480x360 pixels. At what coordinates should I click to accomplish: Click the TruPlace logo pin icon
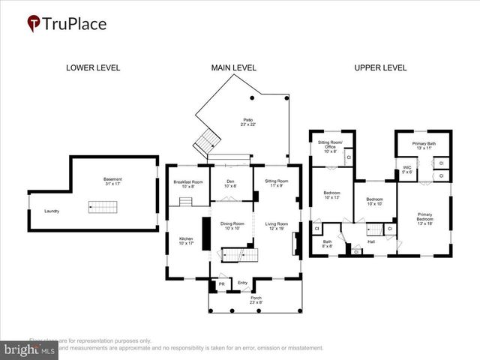[34, 24]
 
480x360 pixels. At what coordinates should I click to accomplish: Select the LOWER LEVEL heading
[93, 67]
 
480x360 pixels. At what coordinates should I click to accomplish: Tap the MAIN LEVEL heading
[233, 67]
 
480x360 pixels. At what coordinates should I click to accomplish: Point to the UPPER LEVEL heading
[380, 67]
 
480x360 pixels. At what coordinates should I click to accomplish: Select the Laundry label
[52, 211]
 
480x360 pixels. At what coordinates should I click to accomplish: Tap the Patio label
[247, 121]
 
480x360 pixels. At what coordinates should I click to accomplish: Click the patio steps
[205, 139]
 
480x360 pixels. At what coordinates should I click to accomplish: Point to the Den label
[231, 182]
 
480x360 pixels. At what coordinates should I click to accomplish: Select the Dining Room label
[232, 226]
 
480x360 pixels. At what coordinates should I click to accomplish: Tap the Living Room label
[276, 226]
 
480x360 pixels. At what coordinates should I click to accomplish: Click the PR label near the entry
[222, 283]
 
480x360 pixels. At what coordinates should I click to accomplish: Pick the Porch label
[256, 298]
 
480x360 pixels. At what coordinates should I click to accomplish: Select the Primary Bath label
[424, 144]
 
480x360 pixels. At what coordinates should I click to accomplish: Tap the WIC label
[406, 169]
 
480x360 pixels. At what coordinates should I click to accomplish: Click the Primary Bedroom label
[424, 217]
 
